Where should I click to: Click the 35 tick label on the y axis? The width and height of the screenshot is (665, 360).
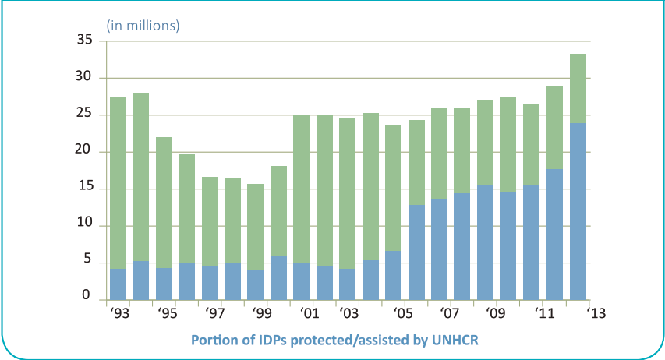coord(85,41)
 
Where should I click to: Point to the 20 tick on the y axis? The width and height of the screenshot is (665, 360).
coord(85,151)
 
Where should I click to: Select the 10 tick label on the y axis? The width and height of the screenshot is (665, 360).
coord(85,225)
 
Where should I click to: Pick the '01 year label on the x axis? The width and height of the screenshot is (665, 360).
coord(310,314)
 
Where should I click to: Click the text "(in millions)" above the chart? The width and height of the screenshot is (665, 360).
coord(143,26)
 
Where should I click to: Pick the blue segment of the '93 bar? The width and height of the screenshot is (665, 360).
coord(118,284)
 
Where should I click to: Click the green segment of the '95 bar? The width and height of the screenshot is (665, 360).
coord(164,203)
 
